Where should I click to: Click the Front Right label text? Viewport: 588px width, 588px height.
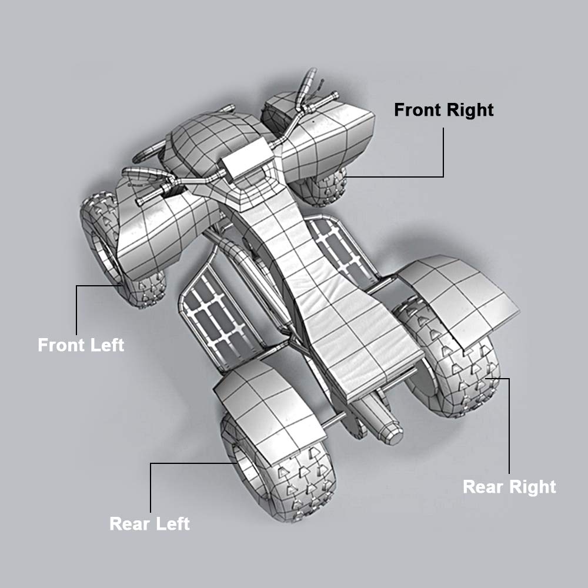[x=443, y=110]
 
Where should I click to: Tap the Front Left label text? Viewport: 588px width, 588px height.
[x=81, y=345]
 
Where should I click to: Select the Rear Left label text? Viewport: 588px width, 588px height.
[x=149, y=523]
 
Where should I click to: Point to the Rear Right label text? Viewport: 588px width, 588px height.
[x=509, y=487]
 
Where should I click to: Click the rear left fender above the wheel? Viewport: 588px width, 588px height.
[x=265, y=400]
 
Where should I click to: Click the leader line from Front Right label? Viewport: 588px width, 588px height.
[x=443, y=153]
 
